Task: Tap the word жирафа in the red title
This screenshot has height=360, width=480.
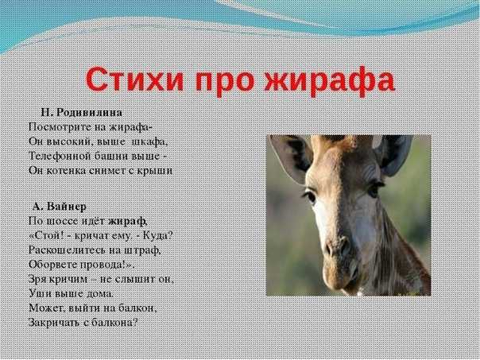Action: (x=329, y=82)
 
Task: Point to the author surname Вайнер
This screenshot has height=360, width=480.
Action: (x=67, y=207)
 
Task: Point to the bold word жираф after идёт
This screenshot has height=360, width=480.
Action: (x=127, y=221)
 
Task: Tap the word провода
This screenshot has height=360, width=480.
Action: (x=103, y=265)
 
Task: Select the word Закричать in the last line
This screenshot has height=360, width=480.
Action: (x=54, y=323)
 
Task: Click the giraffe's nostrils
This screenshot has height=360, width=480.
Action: (x=337, y=247)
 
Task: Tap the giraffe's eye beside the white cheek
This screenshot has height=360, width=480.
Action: (x=309, y=195)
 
